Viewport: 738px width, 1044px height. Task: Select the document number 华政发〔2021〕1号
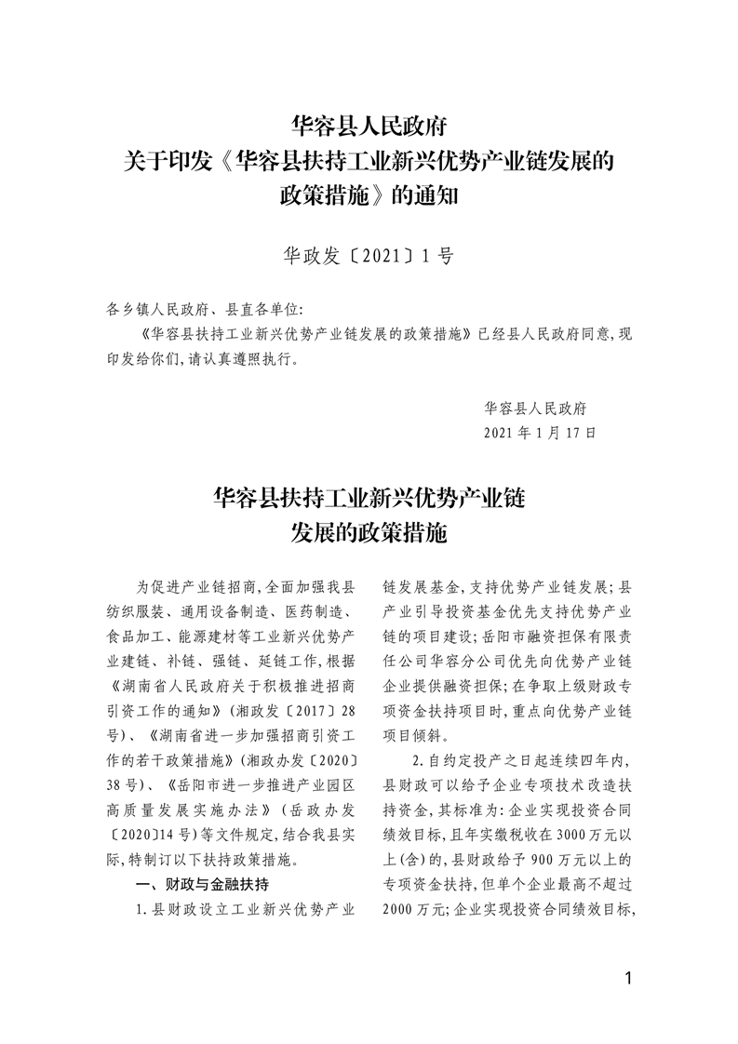[369, 255]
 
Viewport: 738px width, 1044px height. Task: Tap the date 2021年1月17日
[540, 433]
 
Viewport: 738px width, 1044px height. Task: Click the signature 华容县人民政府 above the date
[541, 408]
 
